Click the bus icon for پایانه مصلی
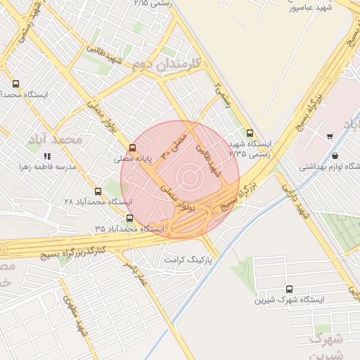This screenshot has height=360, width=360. (132, 147)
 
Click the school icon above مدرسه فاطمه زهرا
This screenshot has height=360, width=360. (46, 155)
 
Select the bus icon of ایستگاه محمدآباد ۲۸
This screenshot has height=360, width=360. (98, 191)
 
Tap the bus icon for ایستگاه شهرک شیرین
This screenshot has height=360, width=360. (290, 289)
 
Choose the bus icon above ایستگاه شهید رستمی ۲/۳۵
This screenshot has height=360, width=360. (250, 133)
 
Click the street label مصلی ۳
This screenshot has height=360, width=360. (176, 143)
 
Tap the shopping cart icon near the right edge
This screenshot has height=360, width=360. (330, 136)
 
